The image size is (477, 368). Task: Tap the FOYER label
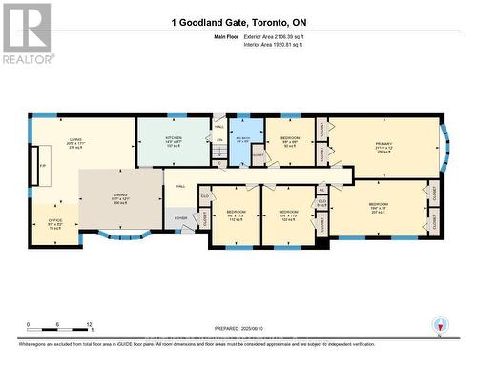click(180, 218)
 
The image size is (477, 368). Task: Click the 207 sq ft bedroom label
click(379, 207)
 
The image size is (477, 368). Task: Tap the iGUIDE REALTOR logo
click(27, 32)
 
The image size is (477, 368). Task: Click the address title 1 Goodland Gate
click(239, 22)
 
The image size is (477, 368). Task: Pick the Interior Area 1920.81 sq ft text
click(275, 44)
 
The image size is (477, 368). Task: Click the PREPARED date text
click(238, 329)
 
